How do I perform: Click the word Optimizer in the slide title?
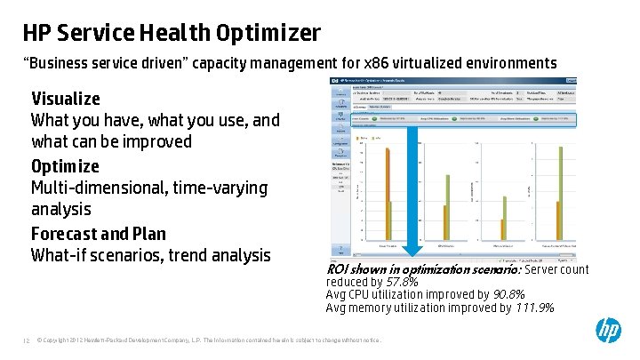(x=269, y=34)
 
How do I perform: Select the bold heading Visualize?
(x=66, y=99)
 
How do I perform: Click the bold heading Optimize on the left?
(x=65, y=166)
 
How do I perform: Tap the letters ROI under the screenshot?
(x=337, y=269)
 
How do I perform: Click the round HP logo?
(x=608, y=331)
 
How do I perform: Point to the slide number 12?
(x=27, y=340)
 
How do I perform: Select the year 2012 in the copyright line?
(x=79, y=340)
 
